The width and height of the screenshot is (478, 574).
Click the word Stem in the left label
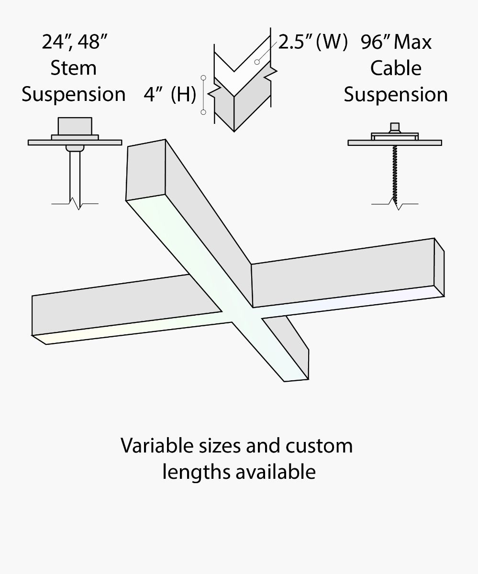(74, 68)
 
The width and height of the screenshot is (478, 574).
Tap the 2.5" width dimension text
(296, 42)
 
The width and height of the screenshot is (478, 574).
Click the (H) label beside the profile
(183, 95)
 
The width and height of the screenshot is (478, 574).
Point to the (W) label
(331, 42)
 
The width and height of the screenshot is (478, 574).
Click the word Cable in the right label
(396, 68)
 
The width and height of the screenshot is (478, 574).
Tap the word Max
(413, 42)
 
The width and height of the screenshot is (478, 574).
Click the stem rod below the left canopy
(75, 175)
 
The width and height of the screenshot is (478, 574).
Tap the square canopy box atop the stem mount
(75, 126)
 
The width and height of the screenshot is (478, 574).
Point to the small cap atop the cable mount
(395, 127)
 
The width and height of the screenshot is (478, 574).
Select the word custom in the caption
(320, 446)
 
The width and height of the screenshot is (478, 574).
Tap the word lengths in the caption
(196, 472)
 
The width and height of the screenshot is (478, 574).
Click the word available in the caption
(276, 472)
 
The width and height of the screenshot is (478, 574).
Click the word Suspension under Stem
(74, 94)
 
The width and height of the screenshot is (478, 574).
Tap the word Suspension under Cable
(396, 94)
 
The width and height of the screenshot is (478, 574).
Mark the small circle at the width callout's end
(257, 62)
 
